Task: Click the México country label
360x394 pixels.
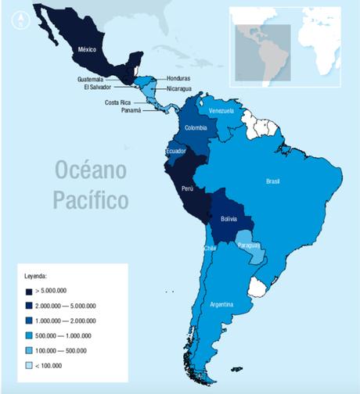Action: coord(88,48)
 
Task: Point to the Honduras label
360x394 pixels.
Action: coord(178,79)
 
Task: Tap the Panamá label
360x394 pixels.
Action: coord(131,110)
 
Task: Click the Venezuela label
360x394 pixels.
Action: coord(221,111)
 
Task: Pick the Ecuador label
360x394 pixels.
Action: coord(176,151)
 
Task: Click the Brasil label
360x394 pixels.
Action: coord(273,181)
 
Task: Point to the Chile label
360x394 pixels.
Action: coord(210,248)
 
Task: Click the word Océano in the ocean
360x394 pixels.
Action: coord(92,171)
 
